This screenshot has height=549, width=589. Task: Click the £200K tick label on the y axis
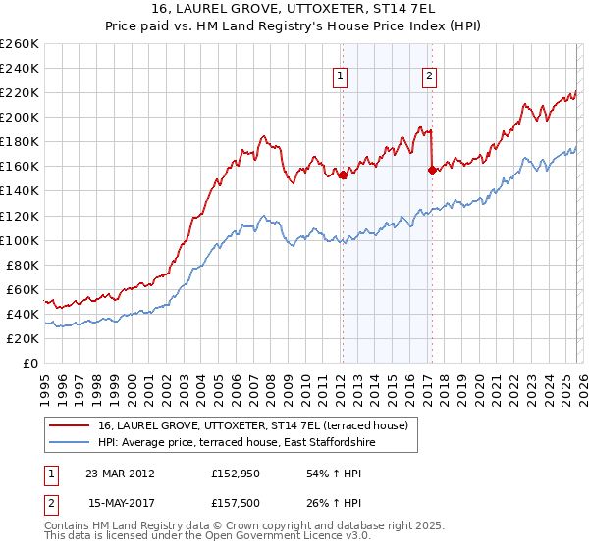[x=19, y=117]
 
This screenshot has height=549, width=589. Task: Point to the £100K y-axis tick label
[x=19, y=240]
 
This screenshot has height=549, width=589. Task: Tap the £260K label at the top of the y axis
[x=19, y=44]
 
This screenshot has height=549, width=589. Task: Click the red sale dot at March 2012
[x=343, y=175]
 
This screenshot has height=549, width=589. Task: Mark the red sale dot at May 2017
[x=432, y=170]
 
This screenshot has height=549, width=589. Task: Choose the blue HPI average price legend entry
[x=237, y=443]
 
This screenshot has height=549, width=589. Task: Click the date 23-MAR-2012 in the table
[x=120, y=474]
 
